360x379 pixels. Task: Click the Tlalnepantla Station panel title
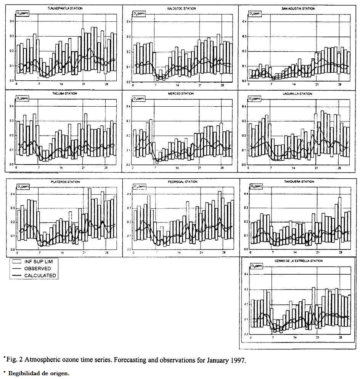click(64, 8)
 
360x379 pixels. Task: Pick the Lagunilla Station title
click(298, 93)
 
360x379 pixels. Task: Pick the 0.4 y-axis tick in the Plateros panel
click(12, 194)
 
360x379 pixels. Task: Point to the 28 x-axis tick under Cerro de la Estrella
click(339, 337)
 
